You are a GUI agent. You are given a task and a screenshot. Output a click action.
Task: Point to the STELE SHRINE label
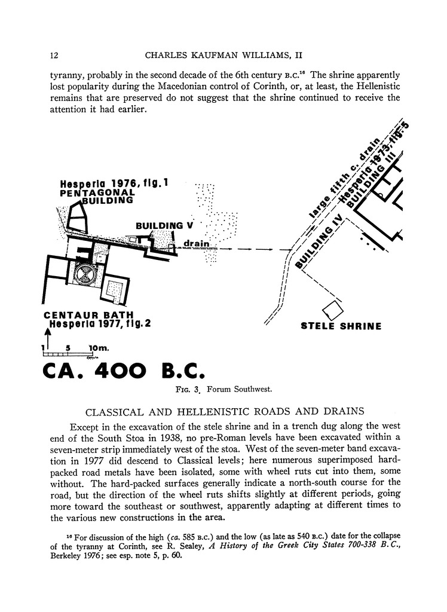pos(341,326)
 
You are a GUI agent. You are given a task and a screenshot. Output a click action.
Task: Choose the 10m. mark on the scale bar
pos(98,348)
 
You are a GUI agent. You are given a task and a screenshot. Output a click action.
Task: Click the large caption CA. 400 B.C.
pos(124,371)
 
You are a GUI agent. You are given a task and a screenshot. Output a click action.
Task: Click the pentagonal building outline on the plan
pos(76,218)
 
